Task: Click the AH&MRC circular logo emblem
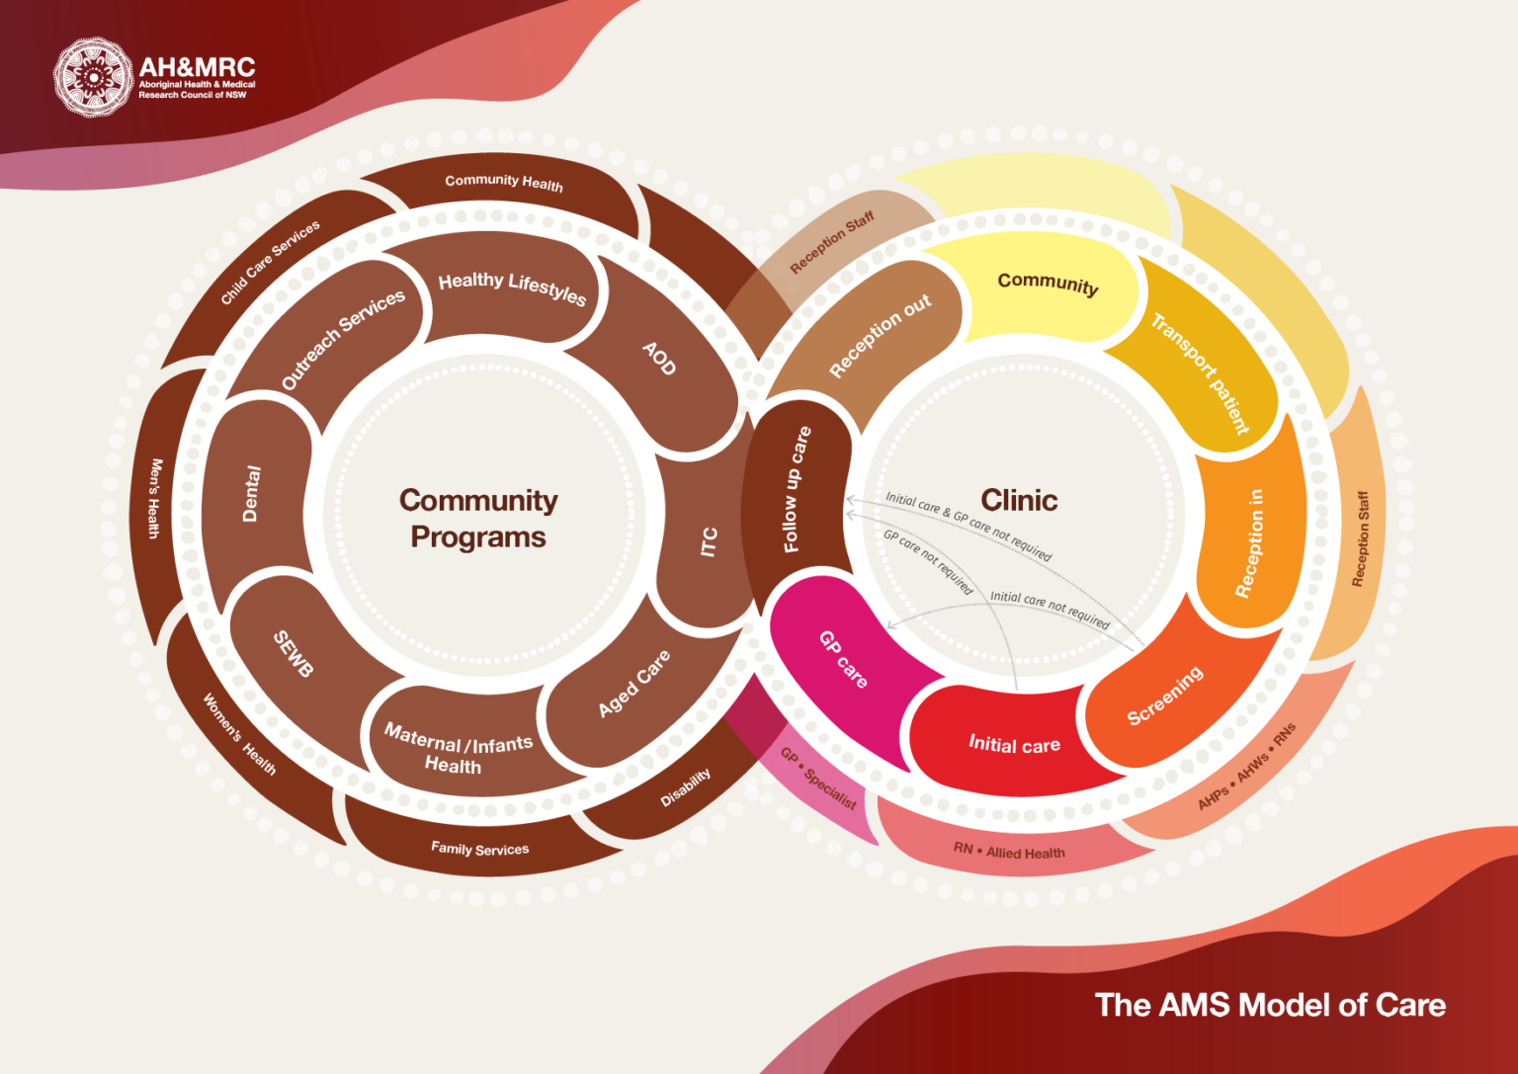coord(92,77)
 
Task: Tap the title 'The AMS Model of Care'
coord(1269,1005)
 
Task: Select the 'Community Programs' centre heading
coord(478,518)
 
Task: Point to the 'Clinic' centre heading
coord(1019,500)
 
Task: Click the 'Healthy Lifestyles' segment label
coord(512,287)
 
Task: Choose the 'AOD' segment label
coord(659,358)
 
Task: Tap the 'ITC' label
coord(709,541)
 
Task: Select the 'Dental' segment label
coord(252,493)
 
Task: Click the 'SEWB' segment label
coord(293,653)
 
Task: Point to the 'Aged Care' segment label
coord(633,683)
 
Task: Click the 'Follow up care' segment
coord(797,489)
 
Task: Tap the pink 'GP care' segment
coord(843,659)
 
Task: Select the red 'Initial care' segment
coord(1014,744)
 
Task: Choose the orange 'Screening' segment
coord(1165,696)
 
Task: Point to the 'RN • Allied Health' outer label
coord(1009,852)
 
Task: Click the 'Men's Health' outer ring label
coord(154,498)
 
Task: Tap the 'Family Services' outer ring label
coord(479,849)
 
